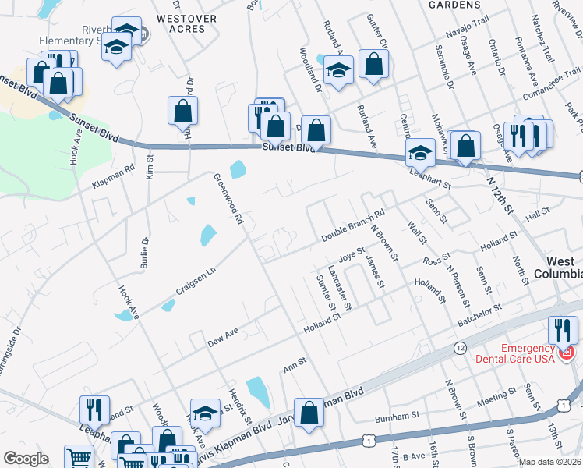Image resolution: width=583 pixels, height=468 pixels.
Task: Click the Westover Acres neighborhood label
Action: click(x=181, y=23)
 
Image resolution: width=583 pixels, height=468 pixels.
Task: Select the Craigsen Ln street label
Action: click(x=194, y=278)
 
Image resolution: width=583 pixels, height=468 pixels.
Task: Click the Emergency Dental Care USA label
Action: click(x=516, y=353)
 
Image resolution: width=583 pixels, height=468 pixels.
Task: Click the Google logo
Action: click(x=26, y=459)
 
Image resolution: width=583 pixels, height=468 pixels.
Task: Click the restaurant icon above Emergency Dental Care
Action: click(x=563, y=330)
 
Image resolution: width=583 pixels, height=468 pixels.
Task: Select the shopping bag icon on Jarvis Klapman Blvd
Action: click(x=309, y=413)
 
